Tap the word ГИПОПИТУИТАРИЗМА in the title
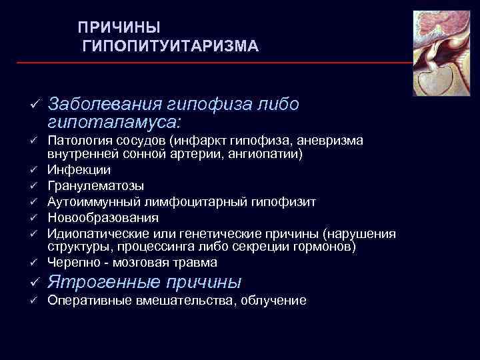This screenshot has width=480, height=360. (170, 46)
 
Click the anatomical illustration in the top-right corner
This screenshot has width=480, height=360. (441, 53)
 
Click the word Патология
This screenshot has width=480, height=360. (77, 141)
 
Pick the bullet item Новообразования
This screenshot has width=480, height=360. (103, 217)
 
